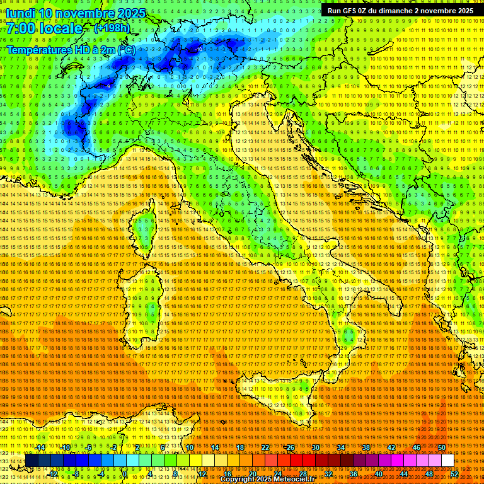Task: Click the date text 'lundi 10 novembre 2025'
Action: click(76, 13)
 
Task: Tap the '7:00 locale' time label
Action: click(45, 29)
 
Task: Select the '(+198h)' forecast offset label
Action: click(112, 28)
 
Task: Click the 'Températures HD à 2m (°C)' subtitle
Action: click(71, 49)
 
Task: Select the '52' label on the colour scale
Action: click(454, 473)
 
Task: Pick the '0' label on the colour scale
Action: click(125, 473)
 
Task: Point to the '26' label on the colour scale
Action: click(290, 447)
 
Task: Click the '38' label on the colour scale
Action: click(366, 447)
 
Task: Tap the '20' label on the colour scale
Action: click(252, 473)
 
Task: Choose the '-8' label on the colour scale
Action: click(76, 473)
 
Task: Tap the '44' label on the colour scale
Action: click(403, 473)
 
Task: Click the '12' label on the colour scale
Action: click(202, 473)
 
